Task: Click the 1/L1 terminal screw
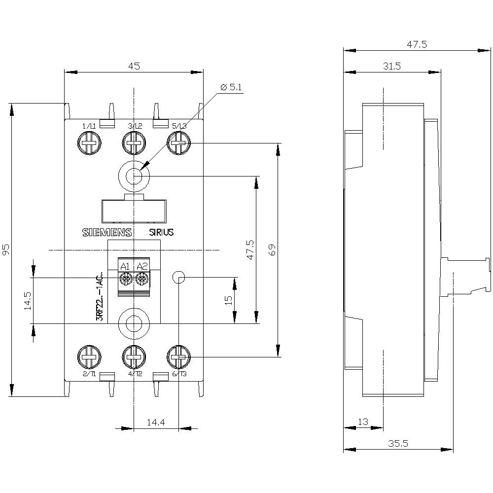pos(89,144)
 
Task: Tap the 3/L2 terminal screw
pos(133,144)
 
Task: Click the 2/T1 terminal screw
pos(89,357)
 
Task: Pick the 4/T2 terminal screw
pos(133,357)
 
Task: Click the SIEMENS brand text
pos(106,233)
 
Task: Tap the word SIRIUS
pos(161,233)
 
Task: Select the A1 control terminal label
pos(125,267)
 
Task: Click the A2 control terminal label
pos(142,267)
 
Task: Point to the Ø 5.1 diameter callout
pos(232,88)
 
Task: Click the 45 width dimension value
pos(134,66)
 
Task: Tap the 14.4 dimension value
pos(155,423)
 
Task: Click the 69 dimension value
pos(272,249)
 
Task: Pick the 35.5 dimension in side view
pos(398,443)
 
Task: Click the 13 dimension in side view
pos(363,422)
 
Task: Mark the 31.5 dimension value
pos(391,66)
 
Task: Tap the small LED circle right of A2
pos(178,277)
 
